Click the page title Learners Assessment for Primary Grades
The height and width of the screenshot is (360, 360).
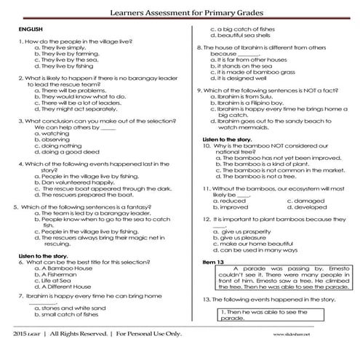179,12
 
